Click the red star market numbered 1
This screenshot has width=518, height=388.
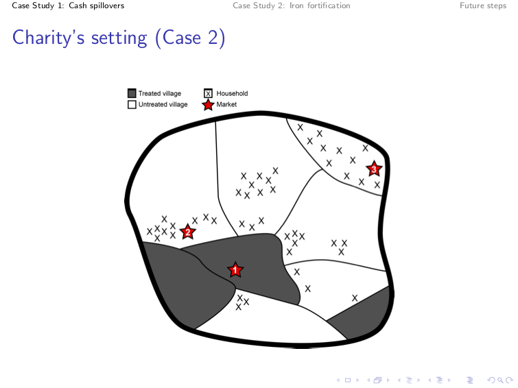coord(235,270)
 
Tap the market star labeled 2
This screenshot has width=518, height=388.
coord(187,232)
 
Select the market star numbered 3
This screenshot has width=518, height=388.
coord(374,169)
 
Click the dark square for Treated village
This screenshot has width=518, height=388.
coord(132,93)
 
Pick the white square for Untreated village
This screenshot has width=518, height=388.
coord(132,104)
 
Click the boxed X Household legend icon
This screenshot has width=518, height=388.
coord(208,93)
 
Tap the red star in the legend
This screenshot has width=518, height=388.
coord(208,105)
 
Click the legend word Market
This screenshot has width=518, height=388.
coord(226,104)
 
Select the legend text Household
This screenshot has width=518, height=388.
coord(232,93)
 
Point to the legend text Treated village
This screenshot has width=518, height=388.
coord(160,93)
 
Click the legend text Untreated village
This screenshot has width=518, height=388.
coord(163,104)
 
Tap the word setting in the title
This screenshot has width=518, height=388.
coord(119,38)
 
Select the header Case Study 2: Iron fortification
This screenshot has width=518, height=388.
coord(292,5)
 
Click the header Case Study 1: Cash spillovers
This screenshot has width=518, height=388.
coord(68,5)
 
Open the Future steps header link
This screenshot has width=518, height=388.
coord(483,5)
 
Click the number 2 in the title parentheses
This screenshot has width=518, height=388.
coord(213,37)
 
